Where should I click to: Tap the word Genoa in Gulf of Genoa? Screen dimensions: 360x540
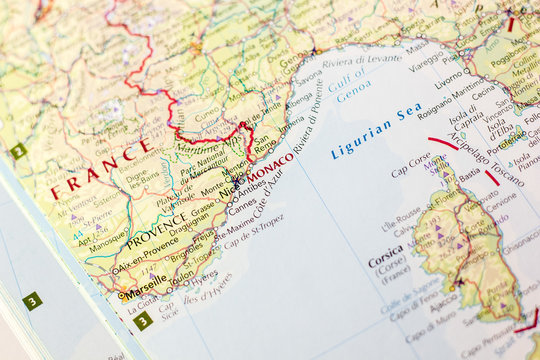click(x=353, y=96)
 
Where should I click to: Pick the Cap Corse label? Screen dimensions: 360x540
click(x=411, y=171)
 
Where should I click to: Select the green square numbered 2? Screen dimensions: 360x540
click(x=18, y=151)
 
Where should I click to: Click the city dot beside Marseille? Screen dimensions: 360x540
click(x=122, y=295)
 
